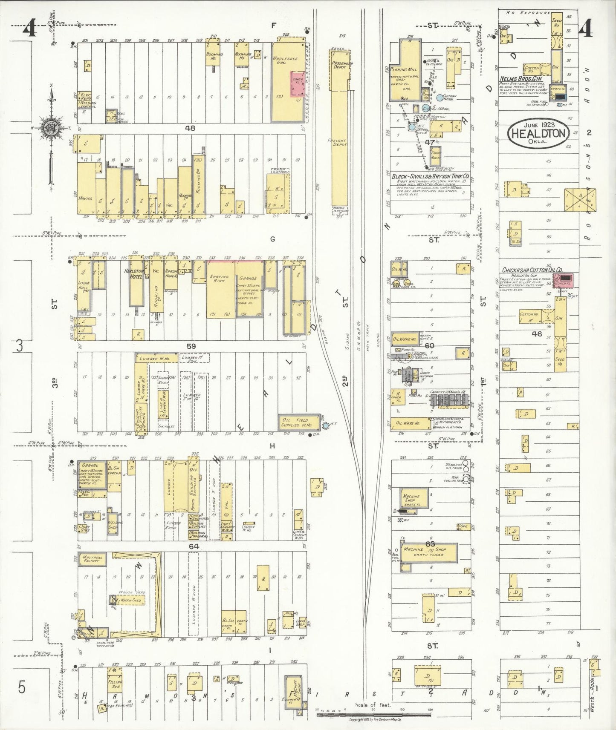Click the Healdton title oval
click(x=538, y=133)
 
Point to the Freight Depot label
click(x=340, y=143)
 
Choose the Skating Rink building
click(x=219, y=279)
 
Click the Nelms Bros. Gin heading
click(x=521, y=79)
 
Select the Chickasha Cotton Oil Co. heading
click(x=532, y=270)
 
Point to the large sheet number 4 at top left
click(x=29, y=30)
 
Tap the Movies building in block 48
click(x=86, y=198)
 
